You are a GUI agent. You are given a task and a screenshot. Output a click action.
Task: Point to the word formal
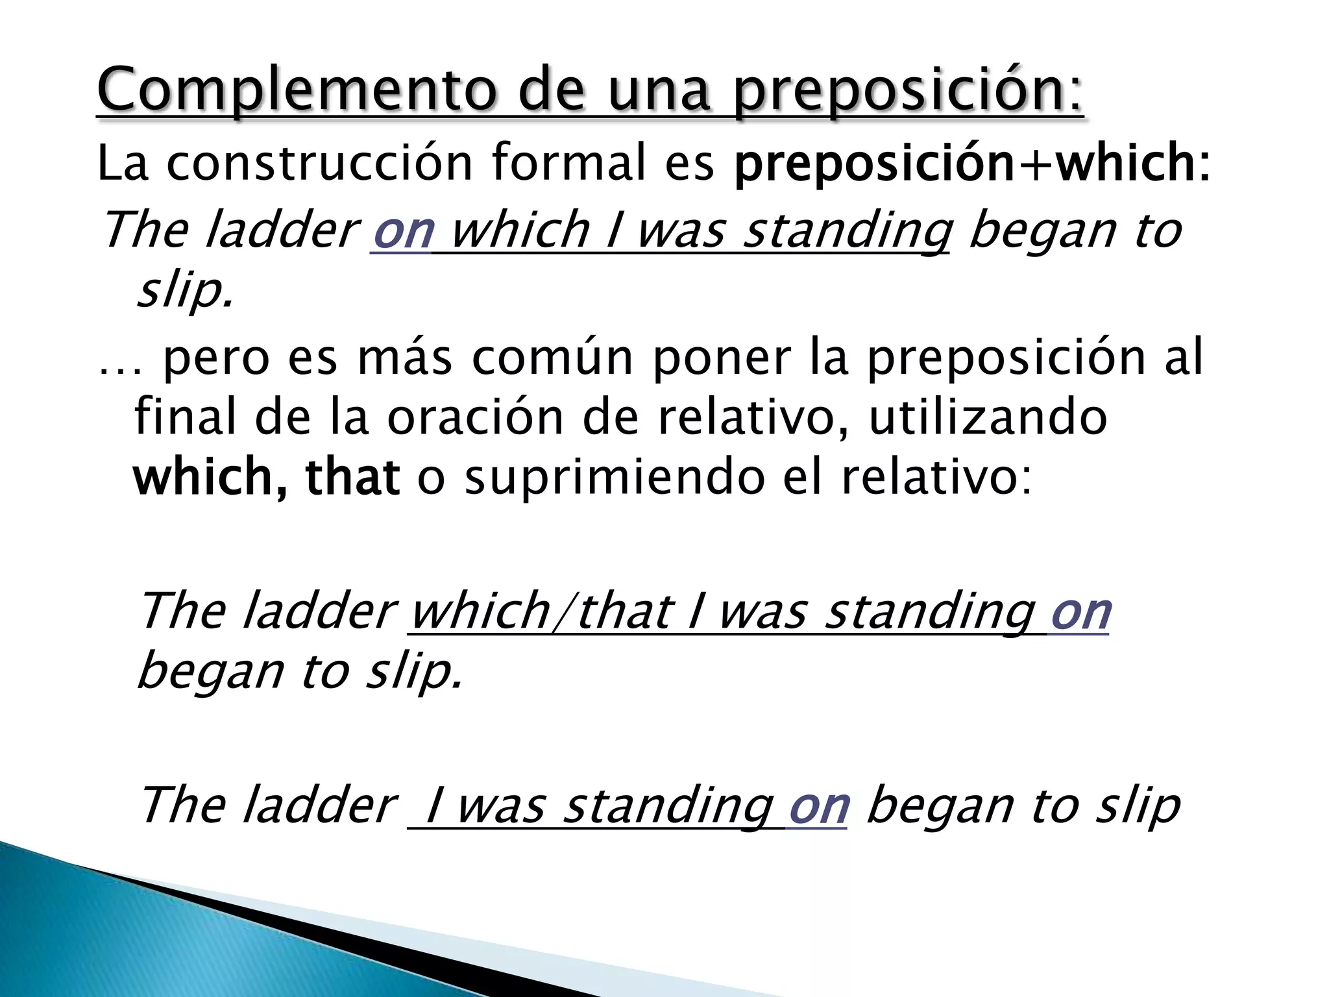click(569, 164)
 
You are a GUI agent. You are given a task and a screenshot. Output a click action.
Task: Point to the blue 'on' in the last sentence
click(818, 806)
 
